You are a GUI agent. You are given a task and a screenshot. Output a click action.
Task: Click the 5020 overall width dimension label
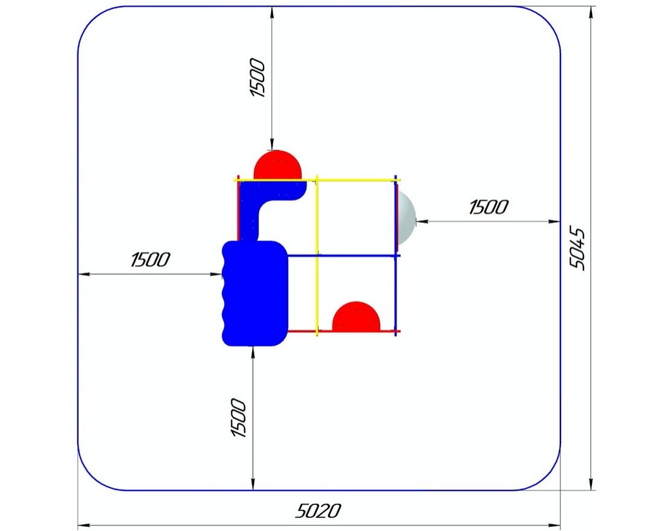pyautogui.click(x=319, y=510)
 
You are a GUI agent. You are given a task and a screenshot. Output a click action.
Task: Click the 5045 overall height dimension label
pyautogui.click(x=578, y=248)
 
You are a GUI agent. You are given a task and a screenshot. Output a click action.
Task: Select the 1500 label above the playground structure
pyautogui.click(x=257, y=78)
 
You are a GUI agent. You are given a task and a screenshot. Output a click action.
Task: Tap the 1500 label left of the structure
pyautogui.click(x=150, y=260)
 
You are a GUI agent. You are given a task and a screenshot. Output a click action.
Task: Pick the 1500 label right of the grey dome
pyautogui.click(x=488, y=207)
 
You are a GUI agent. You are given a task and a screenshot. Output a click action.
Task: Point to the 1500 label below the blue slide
pyautogui.click(x=238, y=417)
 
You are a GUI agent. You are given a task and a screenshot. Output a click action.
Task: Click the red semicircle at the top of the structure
pyautogui.click(x=277, y=164)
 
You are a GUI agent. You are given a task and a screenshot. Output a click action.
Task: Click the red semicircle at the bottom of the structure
pyautogui.click(x=356, y=317)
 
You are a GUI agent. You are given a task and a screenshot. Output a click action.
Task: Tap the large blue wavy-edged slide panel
pyautogui.click(x=255, y=294)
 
